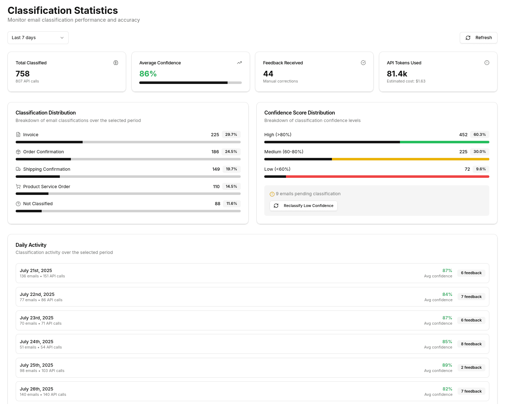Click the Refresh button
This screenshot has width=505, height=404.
coord(478,38)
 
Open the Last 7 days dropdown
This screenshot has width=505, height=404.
coord(38,38)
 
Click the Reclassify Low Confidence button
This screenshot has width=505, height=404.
coord(303,206)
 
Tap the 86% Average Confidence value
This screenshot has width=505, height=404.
coord(148,74)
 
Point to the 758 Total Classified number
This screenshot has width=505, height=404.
coord(22,74)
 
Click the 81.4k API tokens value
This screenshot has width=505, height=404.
coord(397,74)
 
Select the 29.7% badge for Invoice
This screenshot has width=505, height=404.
coord(231,135)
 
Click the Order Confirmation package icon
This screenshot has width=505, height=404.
coord(18,152)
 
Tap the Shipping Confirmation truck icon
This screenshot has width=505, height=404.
coord(18,169)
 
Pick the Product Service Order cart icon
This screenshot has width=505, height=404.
coord(18,187)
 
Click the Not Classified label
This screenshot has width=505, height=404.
coord(38,204)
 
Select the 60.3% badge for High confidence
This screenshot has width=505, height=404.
coord(479,135)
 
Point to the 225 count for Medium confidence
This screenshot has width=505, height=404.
coord(463,152)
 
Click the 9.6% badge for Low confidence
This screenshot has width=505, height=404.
coord(480,169)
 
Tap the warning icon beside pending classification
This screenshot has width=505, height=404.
coord(272,194)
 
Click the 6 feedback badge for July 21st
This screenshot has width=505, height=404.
coord(471,273)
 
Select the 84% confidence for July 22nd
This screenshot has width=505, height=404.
coord(447,294)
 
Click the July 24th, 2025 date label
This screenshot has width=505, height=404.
coord(36,342)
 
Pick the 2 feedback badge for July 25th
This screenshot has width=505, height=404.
coord(471,368)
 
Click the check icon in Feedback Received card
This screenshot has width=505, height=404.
coord(363,63)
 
